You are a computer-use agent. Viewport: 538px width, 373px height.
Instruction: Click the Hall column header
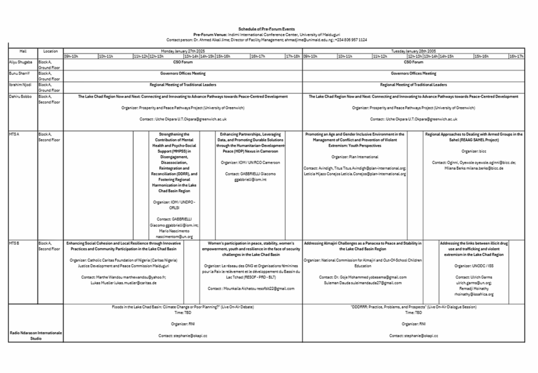tap(23, 51)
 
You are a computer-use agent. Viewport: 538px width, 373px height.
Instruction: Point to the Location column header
tap(50, 51)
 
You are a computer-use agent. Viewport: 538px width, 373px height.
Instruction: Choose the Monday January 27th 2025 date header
tap(182, 51)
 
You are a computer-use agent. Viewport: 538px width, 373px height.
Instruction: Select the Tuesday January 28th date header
tap(413, 51)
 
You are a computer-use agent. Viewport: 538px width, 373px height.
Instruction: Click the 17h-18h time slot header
tap(293, 56)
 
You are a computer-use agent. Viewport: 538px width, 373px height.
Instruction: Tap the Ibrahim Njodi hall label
tap(21, 85)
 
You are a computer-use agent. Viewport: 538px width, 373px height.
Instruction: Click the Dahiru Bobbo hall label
tap(21, 97)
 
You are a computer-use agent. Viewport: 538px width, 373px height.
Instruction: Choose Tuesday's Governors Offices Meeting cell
tap(413, 74)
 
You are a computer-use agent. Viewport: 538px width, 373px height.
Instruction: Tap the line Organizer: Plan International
tap(355, 157)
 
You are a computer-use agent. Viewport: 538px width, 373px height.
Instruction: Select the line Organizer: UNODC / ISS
tap(474, 266)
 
